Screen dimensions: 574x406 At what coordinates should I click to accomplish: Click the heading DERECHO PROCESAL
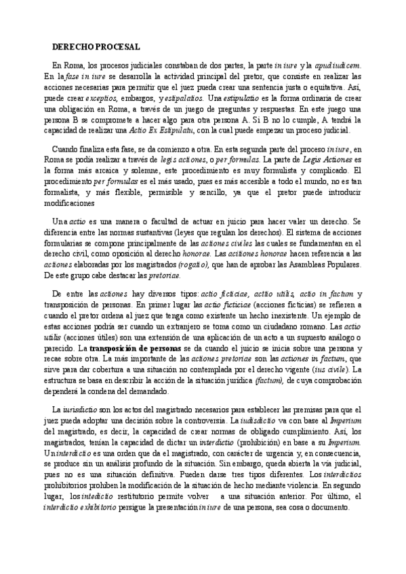[x=96, y=47]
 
